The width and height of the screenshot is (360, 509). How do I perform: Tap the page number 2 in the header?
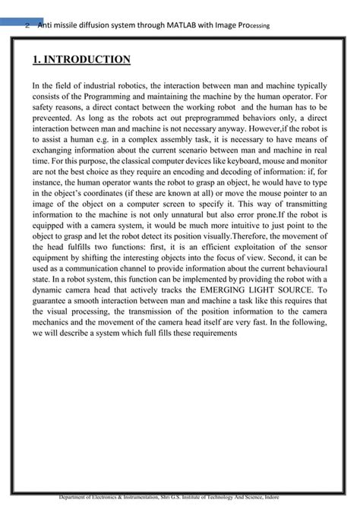(27, 26)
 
